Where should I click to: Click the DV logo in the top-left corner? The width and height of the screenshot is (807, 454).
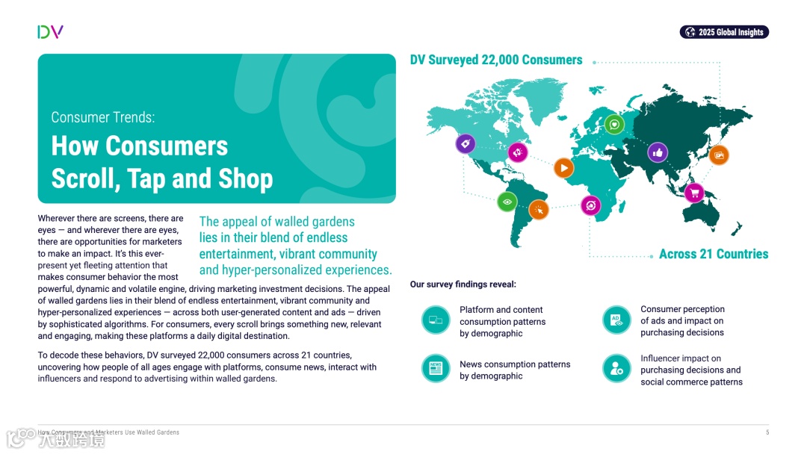50,31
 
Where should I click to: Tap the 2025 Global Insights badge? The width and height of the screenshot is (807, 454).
724,32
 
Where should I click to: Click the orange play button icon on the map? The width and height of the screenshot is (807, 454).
564,168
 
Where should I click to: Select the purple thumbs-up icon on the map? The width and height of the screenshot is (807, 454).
658,152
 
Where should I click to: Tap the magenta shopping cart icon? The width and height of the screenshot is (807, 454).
694,193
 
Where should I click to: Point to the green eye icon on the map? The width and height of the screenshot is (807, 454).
507,202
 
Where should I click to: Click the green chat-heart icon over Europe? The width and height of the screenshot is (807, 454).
614,124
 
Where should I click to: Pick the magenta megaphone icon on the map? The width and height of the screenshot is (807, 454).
518,152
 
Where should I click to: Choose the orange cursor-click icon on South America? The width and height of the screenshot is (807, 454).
539,210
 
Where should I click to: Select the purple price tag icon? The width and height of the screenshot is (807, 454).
466,143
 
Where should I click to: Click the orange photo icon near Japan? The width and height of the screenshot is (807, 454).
719,155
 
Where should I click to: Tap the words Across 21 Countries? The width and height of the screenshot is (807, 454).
713,254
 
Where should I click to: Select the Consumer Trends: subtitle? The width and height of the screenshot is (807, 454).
103,117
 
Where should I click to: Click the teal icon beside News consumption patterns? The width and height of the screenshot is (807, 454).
436,369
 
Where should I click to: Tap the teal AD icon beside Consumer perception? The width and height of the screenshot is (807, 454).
616,320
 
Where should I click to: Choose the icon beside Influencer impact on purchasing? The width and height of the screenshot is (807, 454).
616,369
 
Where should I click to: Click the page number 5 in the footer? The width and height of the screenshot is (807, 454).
767,432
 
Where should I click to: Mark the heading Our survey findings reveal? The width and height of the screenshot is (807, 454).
463,284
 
